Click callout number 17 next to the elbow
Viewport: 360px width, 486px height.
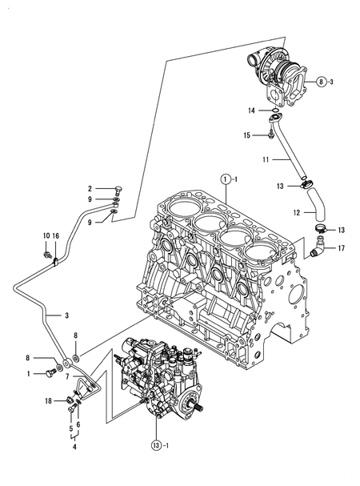(x=342, y=248)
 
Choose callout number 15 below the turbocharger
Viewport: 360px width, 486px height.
(x=247, y=135)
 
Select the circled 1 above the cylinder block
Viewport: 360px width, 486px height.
(x=226, y=177)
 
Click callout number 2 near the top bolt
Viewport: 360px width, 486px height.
(x=90, y=189)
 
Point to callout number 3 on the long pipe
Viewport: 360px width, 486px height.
(x=67, y=315)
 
